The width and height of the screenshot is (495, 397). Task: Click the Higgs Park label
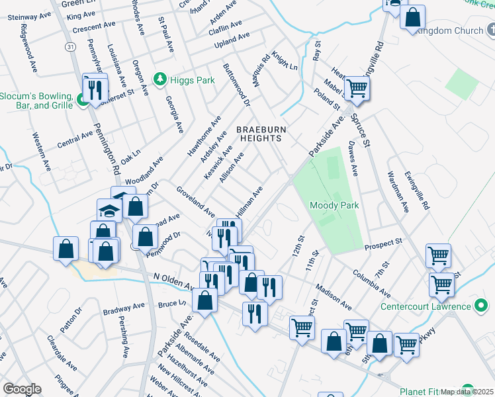pos(191,81)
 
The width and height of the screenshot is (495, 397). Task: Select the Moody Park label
pos(335,206)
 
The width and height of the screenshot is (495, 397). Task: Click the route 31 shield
pos(69,47)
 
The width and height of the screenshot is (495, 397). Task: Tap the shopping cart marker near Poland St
pos(357,88)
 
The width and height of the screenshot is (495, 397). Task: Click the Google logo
pos(22,389)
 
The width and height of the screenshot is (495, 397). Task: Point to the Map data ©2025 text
pos(467,392)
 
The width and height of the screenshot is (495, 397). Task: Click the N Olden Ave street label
pos(173,281)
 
